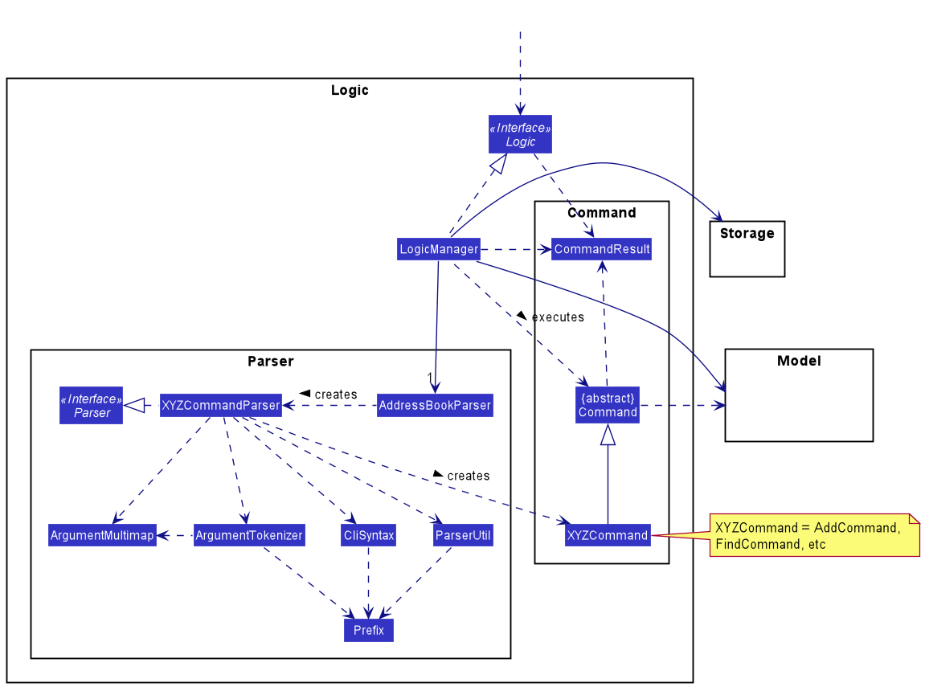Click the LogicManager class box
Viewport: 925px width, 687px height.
(439, 249)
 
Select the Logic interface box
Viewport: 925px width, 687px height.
(520, 135)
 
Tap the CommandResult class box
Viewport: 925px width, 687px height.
(601, 249)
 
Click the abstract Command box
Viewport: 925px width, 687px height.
(608, 405)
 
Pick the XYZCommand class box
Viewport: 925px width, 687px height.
(608, 535)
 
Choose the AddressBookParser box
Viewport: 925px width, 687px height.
(435, 405)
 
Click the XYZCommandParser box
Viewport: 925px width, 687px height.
(220, 405)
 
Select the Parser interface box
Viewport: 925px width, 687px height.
(92, 406)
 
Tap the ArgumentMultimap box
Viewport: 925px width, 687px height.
(102, 536)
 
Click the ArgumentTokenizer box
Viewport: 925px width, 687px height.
(249, 536)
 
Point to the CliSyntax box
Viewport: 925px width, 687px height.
(368, 536)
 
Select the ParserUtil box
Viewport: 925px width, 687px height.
(463, 536)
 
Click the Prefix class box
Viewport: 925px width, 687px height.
(369, 630)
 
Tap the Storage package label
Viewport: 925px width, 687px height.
(747, 234)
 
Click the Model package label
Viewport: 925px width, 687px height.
(799, 361)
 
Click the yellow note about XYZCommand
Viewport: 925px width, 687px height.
(813, 536)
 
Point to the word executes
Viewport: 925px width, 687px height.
(558, 317)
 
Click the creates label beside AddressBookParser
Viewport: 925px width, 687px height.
(335, 395)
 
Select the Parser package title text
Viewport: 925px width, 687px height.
(271, 362)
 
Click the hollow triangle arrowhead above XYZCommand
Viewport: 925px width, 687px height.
(608, 435)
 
